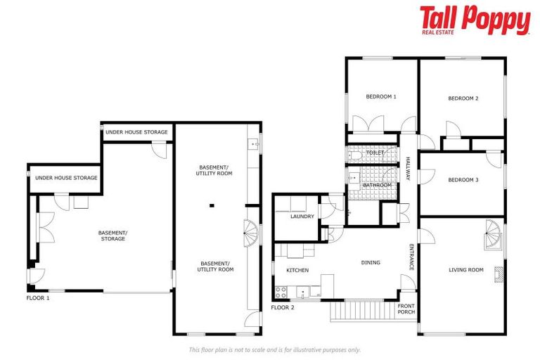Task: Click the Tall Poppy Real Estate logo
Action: click(x=475, y=20)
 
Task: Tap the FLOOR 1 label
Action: click(x=38, y=298)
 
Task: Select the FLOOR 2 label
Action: click(x=282, y=307)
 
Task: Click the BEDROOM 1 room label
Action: click(x=381, y=96)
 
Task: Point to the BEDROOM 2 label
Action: click(x=463, y=98)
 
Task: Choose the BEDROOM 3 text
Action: click(x=463, y=180)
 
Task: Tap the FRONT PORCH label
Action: click(x=406, y=309)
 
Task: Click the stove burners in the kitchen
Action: click(x=281, y=290)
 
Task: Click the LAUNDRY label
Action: click(x=302, y=217)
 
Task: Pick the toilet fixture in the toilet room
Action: click(x=356, y=153)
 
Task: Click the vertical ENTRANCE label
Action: click(x=411, y=257)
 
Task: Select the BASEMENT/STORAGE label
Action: click(x=112, y=236)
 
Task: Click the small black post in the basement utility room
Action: click(x=211, y=206)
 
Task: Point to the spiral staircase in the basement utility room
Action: click(x=250, y=229)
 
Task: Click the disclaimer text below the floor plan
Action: click(x=274, y=349)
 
